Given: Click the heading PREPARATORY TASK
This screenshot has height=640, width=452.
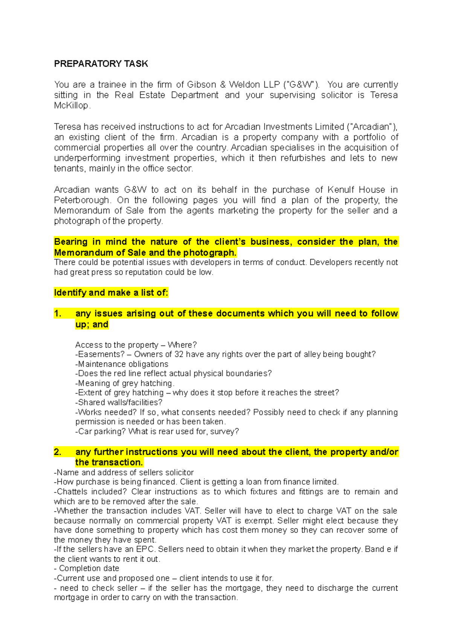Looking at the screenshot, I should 101,64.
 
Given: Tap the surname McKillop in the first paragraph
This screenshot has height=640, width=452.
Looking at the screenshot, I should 71,106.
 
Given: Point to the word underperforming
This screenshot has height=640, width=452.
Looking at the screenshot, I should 87,158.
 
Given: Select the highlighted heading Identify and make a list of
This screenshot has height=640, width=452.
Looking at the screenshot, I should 111,292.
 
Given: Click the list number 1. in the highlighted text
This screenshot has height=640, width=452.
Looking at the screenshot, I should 58,314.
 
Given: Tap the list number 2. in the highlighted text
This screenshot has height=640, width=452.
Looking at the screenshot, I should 58,452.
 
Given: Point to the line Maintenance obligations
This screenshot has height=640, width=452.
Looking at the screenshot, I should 123,364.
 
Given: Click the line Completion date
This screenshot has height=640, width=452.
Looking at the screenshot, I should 89,568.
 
